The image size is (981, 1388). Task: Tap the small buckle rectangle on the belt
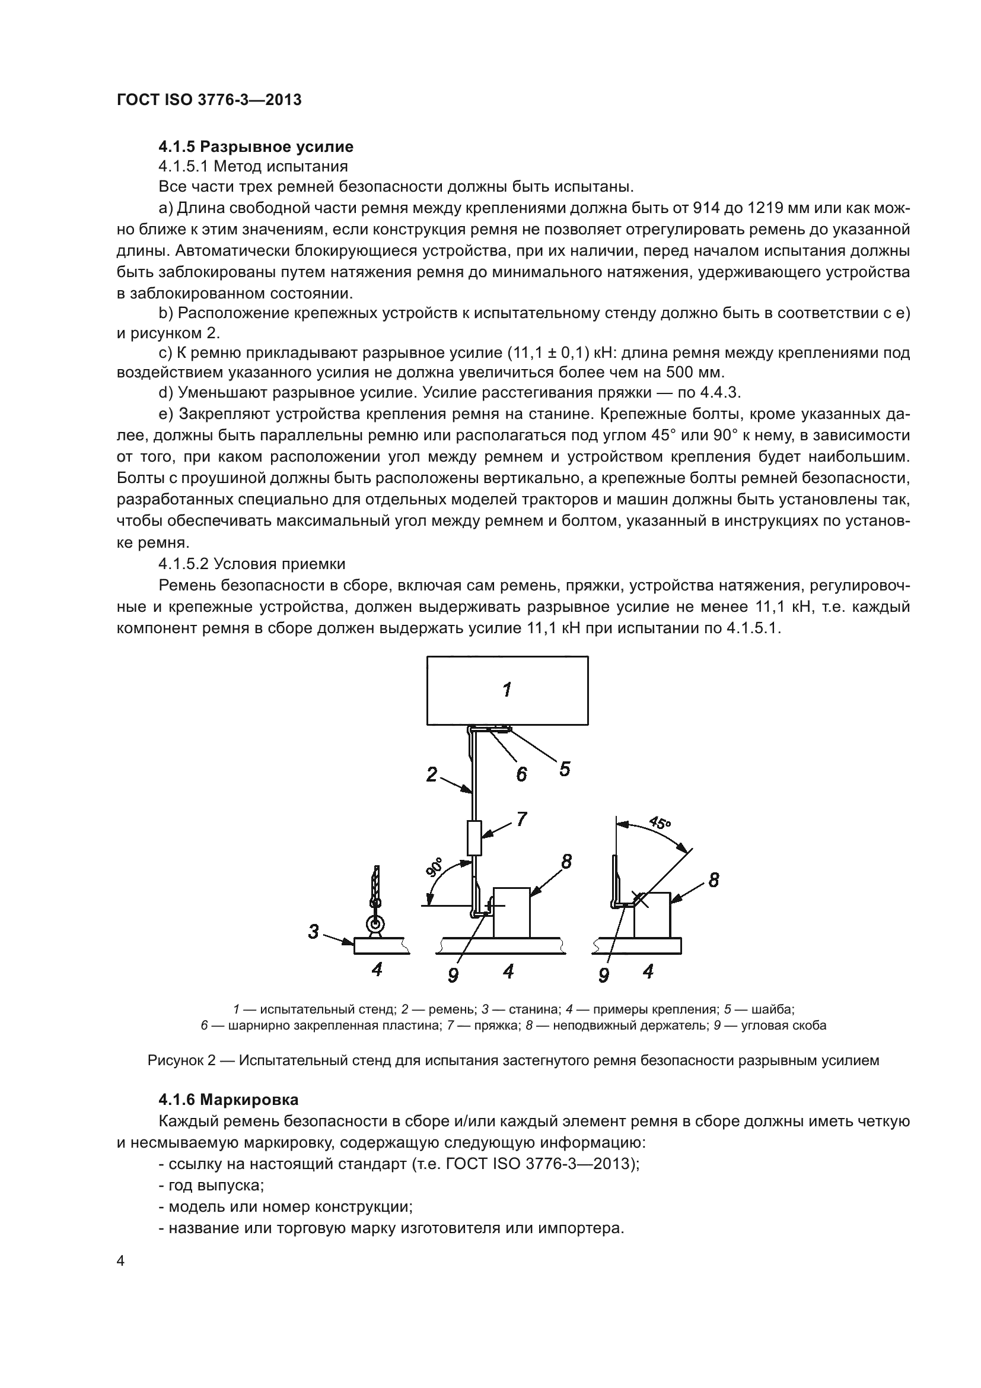[475, 838]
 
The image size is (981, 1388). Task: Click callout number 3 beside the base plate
[313, 932]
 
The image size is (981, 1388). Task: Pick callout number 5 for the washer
[564, 769]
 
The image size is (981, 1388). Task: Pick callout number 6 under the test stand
[521, 774]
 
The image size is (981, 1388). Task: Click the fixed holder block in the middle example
[512, 913]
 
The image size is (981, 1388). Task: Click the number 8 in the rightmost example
[714, 880]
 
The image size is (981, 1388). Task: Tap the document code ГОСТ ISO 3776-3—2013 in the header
[209, 100]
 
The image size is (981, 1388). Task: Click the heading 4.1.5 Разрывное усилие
[256, 147]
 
